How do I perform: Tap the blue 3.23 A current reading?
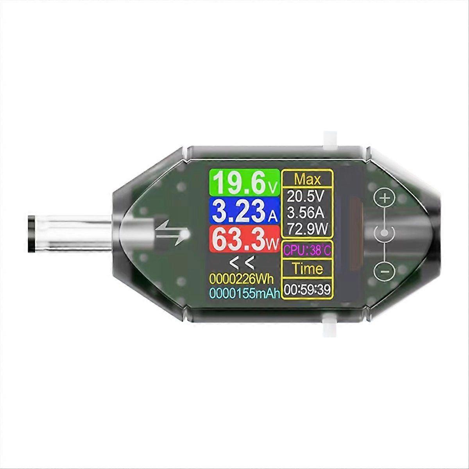tap(243, 211)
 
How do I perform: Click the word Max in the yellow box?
tap(308, 179)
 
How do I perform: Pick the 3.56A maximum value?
tap(308, 212)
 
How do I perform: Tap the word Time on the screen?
tap(308, 269)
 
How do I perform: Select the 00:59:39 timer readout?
tap(308, 289)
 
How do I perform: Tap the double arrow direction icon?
tap(172, 233)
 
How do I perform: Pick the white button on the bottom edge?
tap(329, 326)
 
